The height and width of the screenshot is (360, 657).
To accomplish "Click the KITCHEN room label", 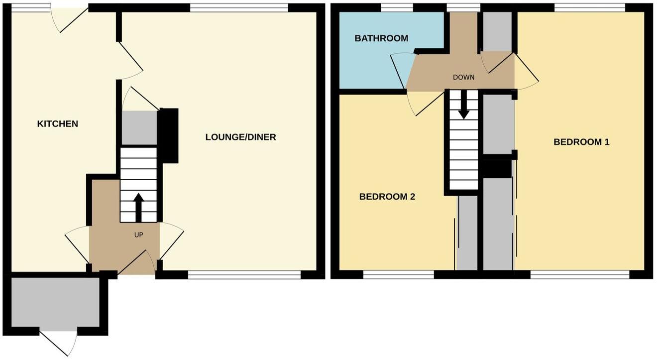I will pyautogui.click(x=58, y=123).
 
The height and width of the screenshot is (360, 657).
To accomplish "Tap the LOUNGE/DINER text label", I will pyautogui.click(x=240, y=137).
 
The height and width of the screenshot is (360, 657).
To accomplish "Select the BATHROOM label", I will pyautogui.click(x=381, y=38).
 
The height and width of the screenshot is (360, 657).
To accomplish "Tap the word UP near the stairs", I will pyautogui.click(x=138, y=235).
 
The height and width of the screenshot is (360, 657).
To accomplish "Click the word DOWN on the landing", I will pyautogui.click(x=463, y=77).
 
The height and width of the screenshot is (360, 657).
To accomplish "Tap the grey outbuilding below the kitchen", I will pyautogui.click(x=55, y=302).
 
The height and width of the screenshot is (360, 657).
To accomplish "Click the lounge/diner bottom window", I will pyautogui.click(x=244, y=274).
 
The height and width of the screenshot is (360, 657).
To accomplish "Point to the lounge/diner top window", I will pyautogui.click(x=239, y=7).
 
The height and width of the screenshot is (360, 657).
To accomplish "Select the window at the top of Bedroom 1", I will pyautogui.click(x=590, y=7).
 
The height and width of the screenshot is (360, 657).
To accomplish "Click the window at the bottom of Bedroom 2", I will pyautogui.click(x=398, y=274).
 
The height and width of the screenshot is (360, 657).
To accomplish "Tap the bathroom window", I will pyautogui.click(x=397, y=7).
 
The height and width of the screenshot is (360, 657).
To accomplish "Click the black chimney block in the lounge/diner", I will pyautogui.click(x=169, y=135).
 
